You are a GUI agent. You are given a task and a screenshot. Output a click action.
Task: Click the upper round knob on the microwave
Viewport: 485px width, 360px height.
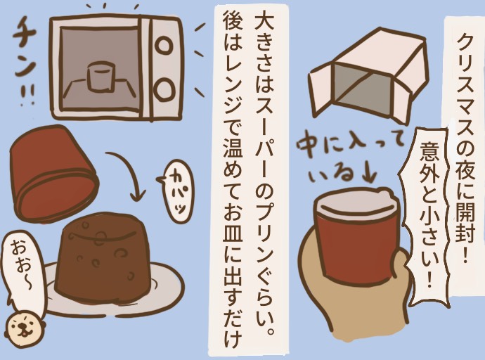(x=164, y=45)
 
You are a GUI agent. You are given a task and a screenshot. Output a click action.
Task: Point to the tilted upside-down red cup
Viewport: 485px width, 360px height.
(x=53, y=172)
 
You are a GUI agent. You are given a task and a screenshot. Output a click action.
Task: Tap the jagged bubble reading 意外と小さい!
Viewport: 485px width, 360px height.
(x=428, y=213)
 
